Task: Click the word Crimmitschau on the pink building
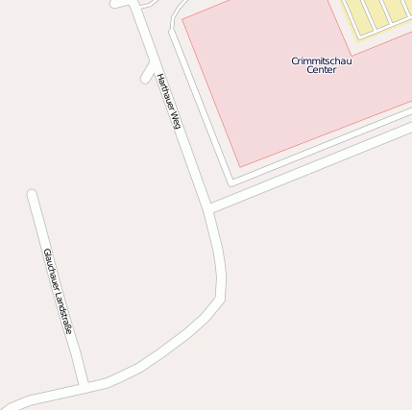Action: click(x=322, y=60)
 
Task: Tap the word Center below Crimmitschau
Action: click(x=322, y=70)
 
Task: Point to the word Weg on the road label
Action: click(x=176, y=120)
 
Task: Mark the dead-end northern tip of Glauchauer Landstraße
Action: click(x=32, y=195)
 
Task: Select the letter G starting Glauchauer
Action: click(x=45, y=253)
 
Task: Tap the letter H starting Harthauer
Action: click(x=159, y=76)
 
